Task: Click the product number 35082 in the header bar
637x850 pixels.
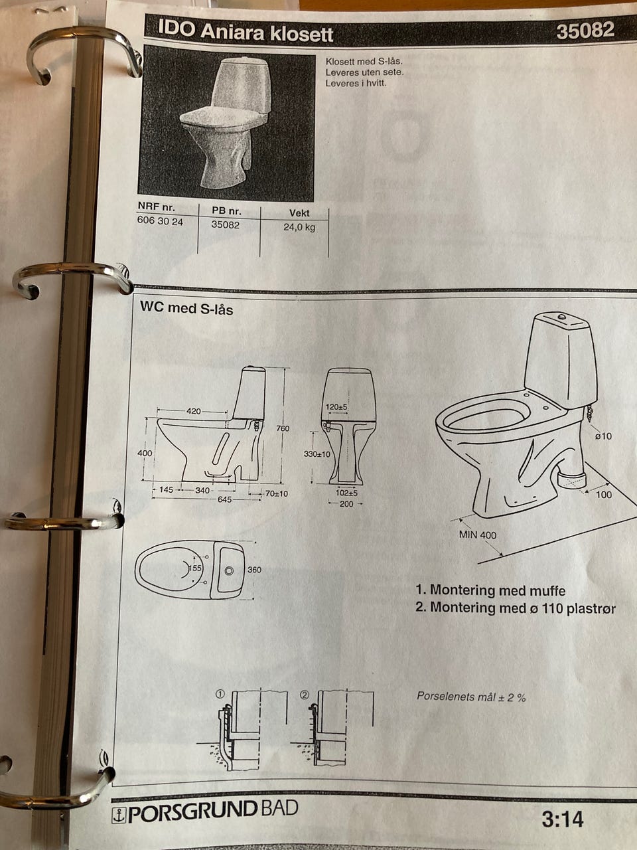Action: [x=585, y=30]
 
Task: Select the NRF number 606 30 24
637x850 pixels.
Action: [x=160, y=222]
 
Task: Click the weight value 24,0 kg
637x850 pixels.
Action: [x=299, y=227]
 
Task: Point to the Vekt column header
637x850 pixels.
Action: [x=299, y=213]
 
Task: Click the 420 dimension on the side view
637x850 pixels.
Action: [x=193, y=411]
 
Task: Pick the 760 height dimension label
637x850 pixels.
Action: [x=283, y=428]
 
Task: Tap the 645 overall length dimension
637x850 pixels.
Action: [x=224, y=499]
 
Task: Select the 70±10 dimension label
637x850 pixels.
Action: [x=277, y=494]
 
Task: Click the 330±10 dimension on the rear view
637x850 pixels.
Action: [x=317, y=454]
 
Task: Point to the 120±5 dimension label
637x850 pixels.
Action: [x=336, y=407]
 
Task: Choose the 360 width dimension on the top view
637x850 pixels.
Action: [x=254, y=570]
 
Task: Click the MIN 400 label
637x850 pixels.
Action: [x=477, y=535]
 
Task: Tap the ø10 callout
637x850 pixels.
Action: [x=603, y=436]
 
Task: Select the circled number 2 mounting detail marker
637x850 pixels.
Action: [x=305, y=695]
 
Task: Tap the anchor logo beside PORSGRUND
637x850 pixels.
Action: [x=118, y=815]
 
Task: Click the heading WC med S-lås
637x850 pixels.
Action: [x=186, y=308]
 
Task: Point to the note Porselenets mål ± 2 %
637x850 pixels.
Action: [x=471, y=697]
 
